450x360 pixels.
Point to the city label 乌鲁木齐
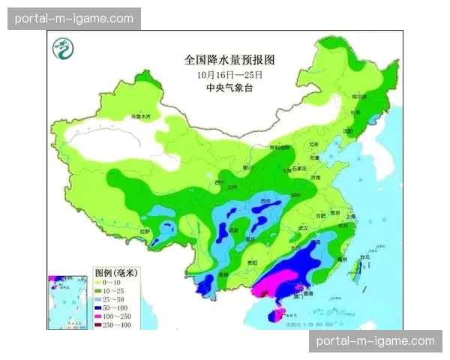pos(140,117)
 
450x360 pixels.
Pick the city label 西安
pos(264,202)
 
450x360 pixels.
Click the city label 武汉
pos(303,227)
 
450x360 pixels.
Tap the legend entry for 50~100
pos(113,308)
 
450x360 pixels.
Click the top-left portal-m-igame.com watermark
pos(74,19)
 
